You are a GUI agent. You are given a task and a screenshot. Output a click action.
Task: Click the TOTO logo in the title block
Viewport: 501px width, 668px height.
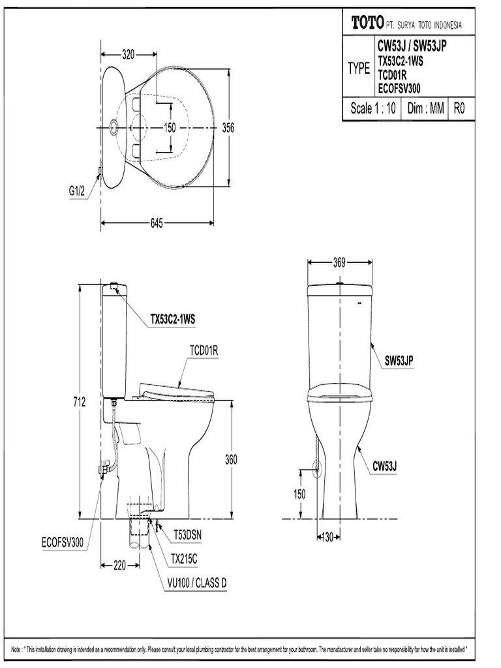[x=366, y=23]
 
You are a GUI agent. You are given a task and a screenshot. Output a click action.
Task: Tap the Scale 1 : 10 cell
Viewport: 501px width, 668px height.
[x=372, y=109]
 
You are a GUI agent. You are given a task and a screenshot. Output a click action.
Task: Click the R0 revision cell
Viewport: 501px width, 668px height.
[x=461, y=109]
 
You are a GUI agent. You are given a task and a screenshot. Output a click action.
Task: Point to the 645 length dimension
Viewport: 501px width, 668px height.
[x=157, y=223]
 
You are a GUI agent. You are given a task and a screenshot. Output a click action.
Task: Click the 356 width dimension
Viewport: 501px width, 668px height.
[x=228, y=128]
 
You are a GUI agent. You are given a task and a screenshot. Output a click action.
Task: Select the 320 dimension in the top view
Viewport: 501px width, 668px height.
[x=128, y=55]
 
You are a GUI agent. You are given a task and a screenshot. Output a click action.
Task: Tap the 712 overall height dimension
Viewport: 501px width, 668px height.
[x=79, y=402]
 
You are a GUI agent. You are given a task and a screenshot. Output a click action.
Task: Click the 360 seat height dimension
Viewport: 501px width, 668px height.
[x=232, y=459]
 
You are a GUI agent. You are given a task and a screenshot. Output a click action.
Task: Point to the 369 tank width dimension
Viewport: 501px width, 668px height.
[x=339, y=262]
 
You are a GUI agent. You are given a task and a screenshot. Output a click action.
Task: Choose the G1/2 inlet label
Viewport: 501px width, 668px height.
[x=78, y=192]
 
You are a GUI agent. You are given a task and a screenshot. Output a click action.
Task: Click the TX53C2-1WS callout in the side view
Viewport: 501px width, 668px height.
[x=173, y=319]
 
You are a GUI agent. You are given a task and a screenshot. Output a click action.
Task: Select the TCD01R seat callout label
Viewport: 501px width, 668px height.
[x=203, y=351]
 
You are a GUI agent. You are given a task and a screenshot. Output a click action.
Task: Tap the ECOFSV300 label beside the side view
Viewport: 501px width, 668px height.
[x=62, y=542]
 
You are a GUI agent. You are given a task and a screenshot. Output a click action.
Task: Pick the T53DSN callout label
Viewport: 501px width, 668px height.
[x=187, y=535]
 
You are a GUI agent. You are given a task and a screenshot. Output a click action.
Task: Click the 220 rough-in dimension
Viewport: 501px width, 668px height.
[x=119, y=566]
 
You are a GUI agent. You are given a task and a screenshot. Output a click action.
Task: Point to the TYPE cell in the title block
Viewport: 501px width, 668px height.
[x=358, y=69]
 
